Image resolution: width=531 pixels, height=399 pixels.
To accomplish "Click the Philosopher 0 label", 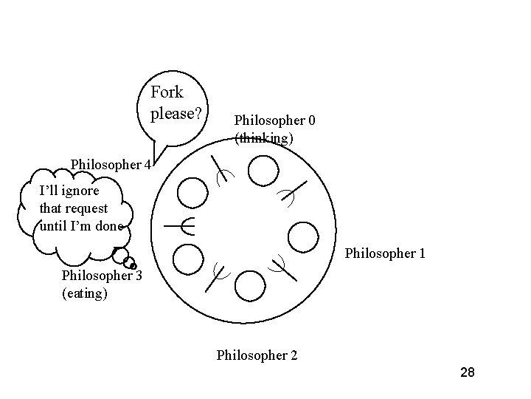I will (275, 120).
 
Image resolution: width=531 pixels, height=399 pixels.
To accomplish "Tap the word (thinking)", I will (264, 137).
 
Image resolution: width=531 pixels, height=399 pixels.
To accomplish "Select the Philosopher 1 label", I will (385, 253).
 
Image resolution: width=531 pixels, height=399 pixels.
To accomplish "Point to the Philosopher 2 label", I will (257, 355).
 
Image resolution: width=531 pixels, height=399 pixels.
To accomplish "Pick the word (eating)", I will (85, 294).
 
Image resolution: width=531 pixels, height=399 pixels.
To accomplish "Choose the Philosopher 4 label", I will (111, 164).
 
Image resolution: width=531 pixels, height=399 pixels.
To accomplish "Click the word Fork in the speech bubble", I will (167, 93).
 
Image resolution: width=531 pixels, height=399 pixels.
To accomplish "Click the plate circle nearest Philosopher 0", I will (263, 172).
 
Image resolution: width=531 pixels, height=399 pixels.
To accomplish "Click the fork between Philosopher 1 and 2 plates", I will (283, 267).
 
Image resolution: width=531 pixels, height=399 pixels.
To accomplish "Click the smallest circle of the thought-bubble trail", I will (133, 266).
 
